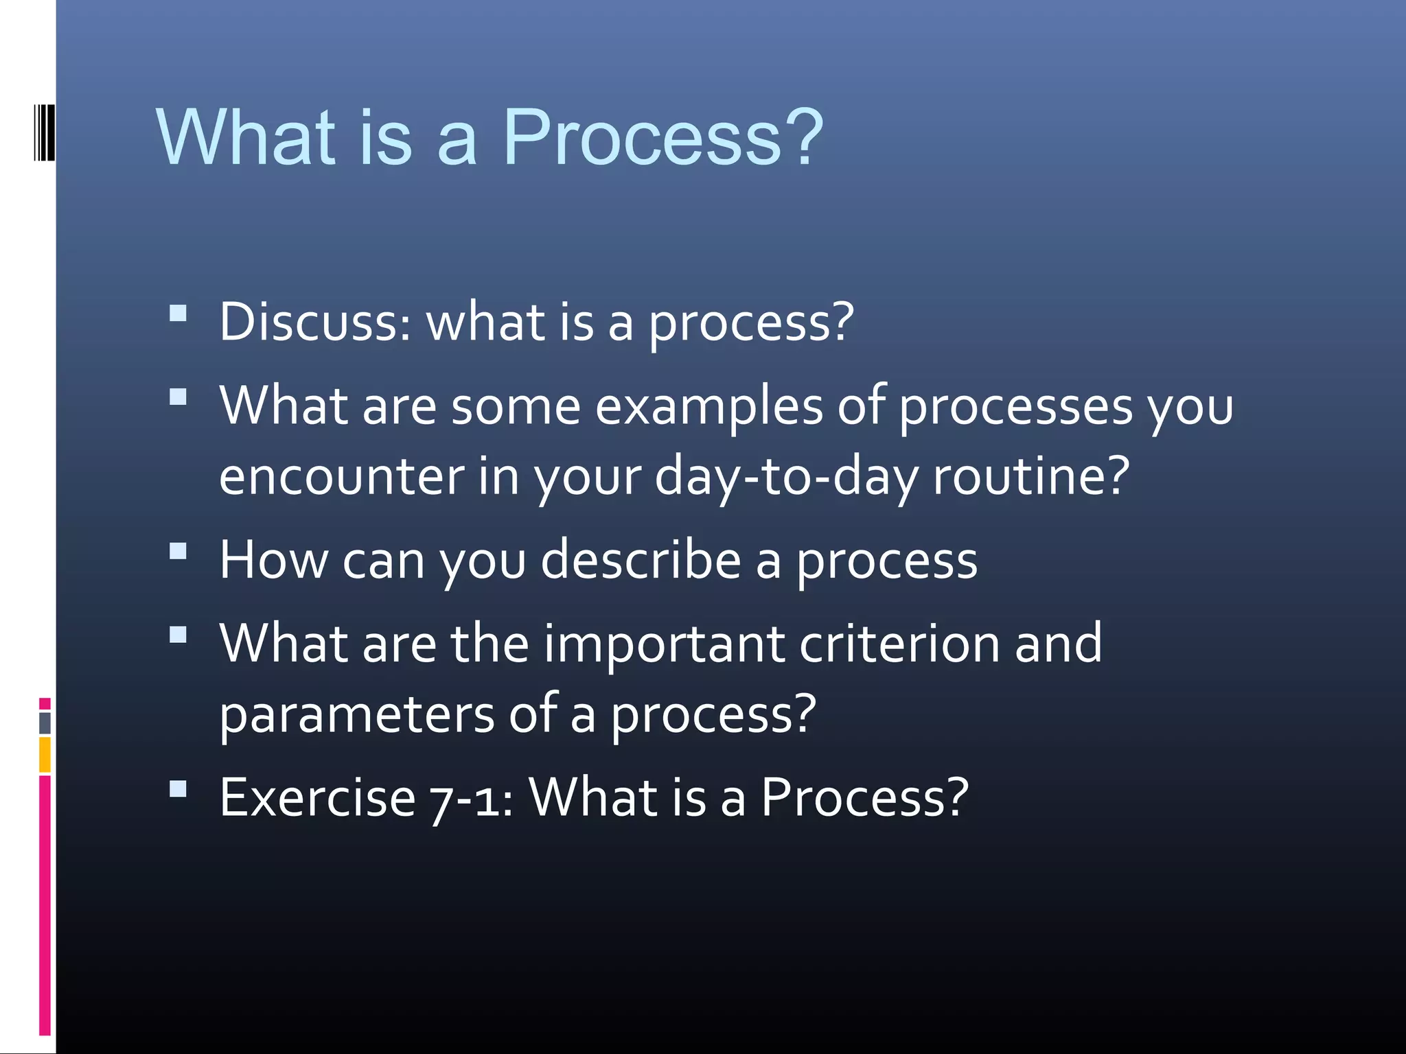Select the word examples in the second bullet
(x=709, y=406)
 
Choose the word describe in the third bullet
(x=641, y=560)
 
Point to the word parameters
(x=356, y=714)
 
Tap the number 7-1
(x=471, y=798)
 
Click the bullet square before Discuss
(x=178, y=314)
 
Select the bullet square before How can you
(x=178, y=552)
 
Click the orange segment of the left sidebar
(x=45, y=755)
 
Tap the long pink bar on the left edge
(x=45, y=906)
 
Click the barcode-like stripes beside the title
(x=45, y=132)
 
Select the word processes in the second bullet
(x=1015, y=406)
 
